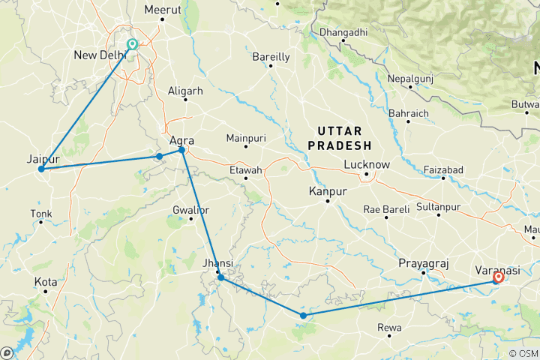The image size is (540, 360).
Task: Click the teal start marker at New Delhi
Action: point(133,44)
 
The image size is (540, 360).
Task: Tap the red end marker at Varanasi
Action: point(498,277)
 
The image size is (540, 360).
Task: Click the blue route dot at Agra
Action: point(181,151)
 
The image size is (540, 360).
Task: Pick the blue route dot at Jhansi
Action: point(220,277)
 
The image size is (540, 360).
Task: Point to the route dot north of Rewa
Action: point(303,315)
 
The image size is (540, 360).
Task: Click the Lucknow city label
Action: point(366,164)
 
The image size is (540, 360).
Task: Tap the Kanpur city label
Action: point(328,192)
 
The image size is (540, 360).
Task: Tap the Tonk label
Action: point(41,214)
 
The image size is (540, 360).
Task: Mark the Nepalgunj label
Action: point(411,79)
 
